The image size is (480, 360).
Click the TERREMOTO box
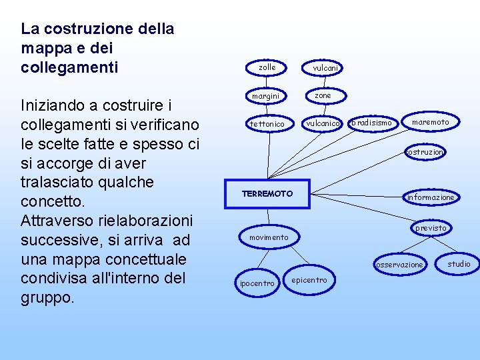point(267,193)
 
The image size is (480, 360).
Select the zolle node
point(267,67)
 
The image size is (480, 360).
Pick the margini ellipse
point(265,97)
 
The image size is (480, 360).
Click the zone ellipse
point(323,95)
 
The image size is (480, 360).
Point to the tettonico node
point(267,124)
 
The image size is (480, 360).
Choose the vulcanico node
point(323,123)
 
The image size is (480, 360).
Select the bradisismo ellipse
point(373,123)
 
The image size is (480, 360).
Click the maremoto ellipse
point(430,122)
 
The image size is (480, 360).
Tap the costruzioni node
point(425,152)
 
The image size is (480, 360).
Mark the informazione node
point(431,197)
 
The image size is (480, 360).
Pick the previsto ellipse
point(431,228)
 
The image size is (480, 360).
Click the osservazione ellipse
point(399,265)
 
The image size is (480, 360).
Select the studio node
point(459,264)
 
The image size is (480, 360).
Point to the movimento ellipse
point(269,237)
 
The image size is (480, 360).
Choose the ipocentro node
point(256,283)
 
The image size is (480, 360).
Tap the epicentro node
point(309,280)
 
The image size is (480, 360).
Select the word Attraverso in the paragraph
point(57,220)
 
